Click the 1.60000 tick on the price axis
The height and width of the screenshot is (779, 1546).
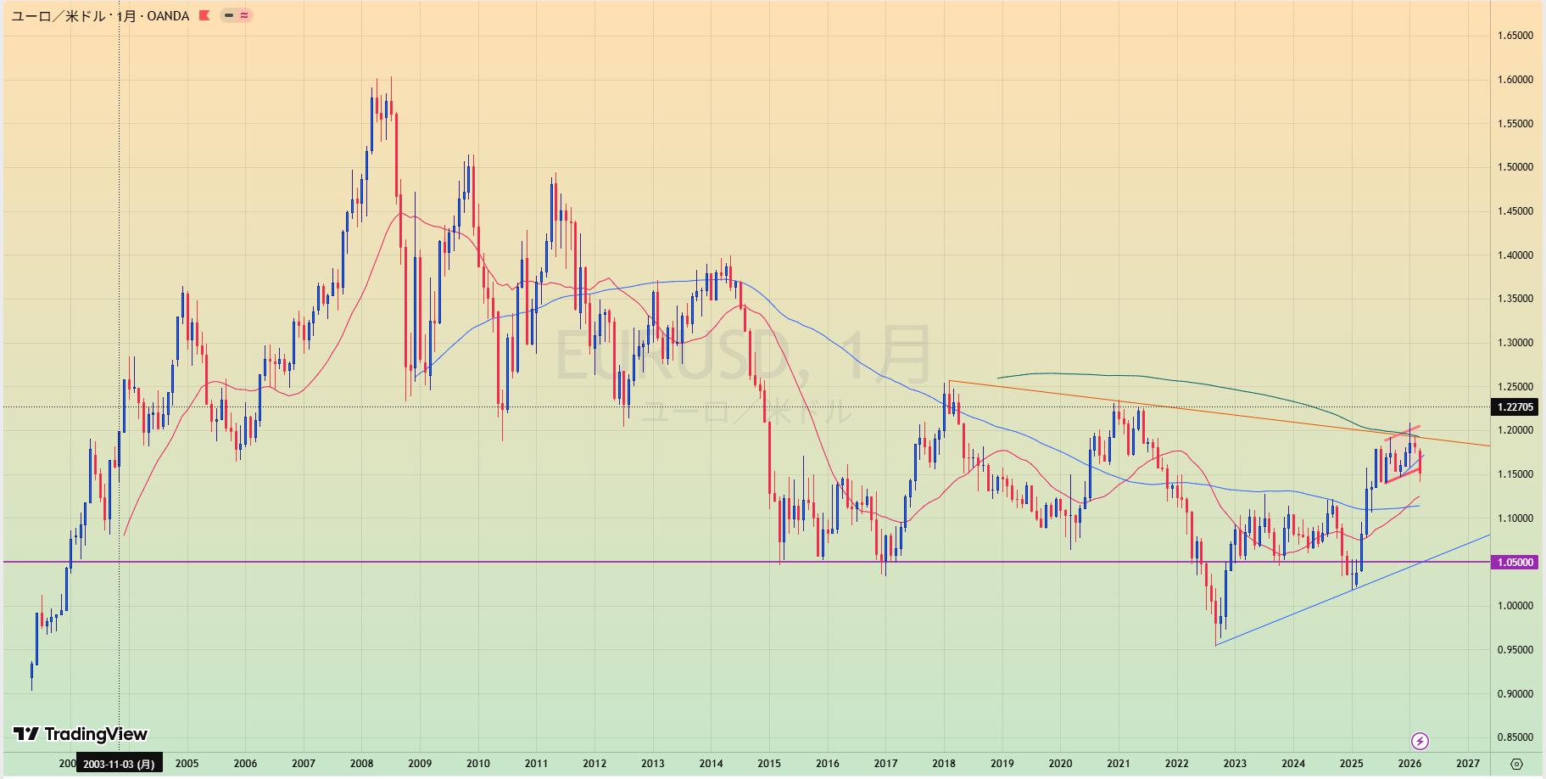pyautogui.click(x=1515, y=80)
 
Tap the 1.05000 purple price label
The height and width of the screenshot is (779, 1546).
pyautogui.click(x=1515, y=562)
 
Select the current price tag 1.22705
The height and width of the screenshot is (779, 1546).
pyautogui.click(x=1515, y=407)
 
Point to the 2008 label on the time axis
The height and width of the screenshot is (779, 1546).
pyautogui.click(x=362, y=764)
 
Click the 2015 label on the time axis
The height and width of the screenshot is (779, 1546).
pyautogui.click(x=769, y=764)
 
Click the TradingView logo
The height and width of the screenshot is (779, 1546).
pyautogui.click(x=81, y=734)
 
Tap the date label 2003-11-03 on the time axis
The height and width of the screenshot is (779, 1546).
pyautogui.click(x=118, y=764)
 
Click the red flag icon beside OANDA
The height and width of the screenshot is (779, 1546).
pyautogui.click(x=204, y=15)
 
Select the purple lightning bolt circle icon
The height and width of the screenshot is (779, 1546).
pyautogui.click(x=1420, y=741)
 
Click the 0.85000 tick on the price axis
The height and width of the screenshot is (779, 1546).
pyautogui.click(x=1515, y=737)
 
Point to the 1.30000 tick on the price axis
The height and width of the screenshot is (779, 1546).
pyautogui.click(x=1515, y=343)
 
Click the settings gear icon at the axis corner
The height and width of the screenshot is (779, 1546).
pyautogui.click(x=1517, y=764)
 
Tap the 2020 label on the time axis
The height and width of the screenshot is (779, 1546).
pyautogui.click(x=1060, y=764)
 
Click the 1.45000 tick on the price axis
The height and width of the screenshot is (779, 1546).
pyautogui.click(x=1515, y=211)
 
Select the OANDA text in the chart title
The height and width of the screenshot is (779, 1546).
pyautogui.click(x=168, y=16)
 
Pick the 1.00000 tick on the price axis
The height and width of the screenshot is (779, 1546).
pyautogui.click(x=1515, y=606)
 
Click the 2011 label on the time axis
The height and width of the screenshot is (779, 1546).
pyautogui.click(x=536, y=764)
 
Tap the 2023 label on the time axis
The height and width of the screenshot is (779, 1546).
pyautogui.click(x=1235, y=764)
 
